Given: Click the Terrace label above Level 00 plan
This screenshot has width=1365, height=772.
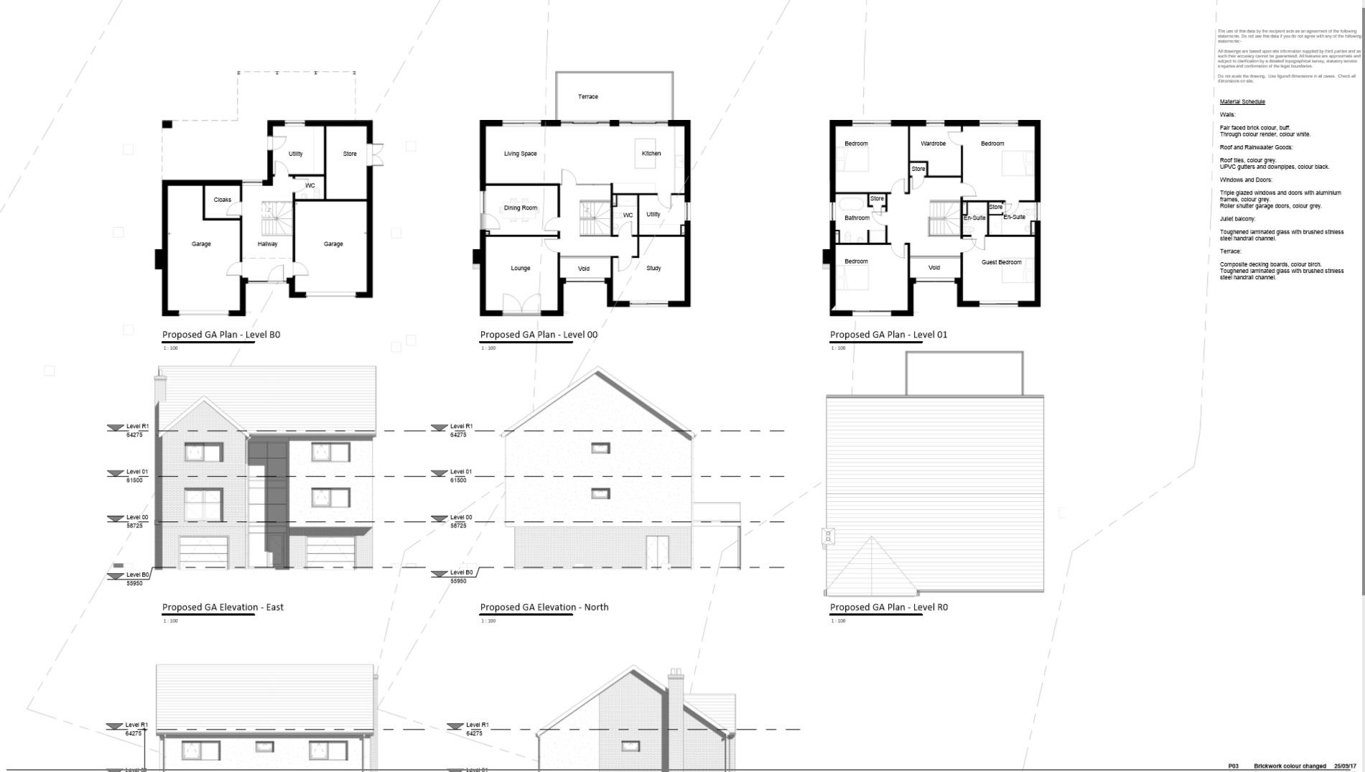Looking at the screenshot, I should click(x=587, y=96).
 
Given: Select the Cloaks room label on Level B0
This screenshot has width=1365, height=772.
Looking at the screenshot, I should click(x=222, y=200).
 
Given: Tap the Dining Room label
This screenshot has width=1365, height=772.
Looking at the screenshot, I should click(x=520, y=208).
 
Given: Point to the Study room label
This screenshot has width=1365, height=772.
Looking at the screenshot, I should click(x=653, y=269).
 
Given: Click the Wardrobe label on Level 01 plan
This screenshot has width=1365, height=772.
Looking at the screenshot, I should click(x=933, y=144).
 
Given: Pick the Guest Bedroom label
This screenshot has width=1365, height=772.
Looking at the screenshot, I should click(x=1001, y=262).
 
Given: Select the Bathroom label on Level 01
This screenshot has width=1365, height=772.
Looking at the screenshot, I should click(x=857, y=218).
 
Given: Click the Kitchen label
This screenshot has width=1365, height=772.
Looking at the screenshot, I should click(x=651, y=154).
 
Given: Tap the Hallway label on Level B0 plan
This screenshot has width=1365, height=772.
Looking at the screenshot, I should click(x=267, y=244).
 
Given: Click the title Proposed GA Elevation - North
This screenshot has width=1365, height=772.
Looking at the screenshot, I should click(x=544, y=607).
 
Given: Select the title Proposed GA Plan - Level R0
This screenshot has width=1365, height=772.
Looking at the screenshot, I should click(x=888, y=607).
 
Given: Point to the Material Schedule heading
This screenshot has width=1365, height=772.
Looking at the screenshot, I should click(x=1241, y=102).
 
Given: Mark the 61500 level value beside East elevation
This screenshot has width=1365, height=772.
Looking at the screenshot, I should click(x=134, y=480).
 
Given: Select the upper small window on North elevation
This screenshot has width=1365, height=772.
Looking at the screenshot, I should click(x=600, y=448).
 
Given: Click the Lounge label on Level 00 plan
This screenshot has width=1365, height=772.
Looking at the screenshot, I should click(x=520, y=269).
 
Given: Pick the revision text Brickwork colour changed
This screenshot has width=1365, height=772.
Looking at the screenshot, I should click(x=1290, y=766).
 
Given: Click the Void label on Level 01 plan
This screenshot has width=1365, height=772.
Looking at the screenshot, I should click(x=933, y=268).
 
